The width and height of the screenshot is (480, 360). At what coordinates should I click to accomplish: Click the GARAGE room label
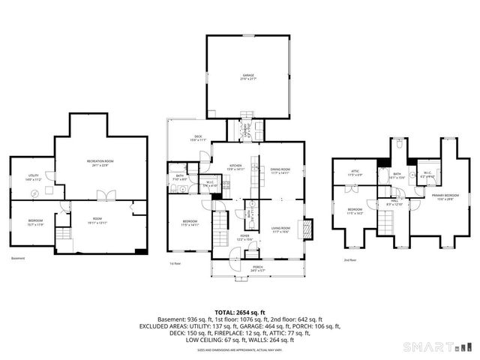[247, 75]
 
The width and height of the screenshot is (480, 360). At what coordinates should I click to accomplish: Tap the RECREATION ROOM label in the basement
[103, 163]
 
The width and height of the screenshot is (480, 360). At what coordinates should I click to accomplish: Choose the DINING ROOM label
[280, 169]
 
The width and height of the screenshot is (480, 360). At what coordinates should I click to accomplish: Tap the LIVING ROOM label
[280, 229]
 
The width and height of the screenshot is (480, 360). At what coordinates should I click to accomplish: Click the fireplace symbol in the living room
[307, 228]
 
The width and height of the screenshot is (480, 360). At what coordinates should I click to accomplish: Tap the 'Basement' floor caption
[19, 259]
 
